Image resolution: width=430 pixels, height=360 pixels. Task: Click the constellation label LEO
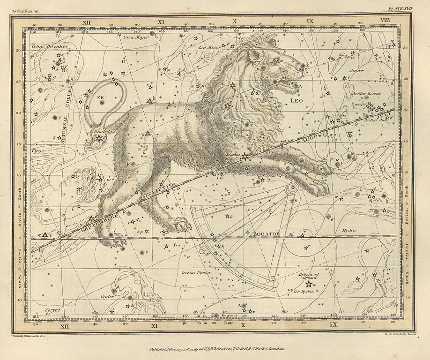tap(297, 101)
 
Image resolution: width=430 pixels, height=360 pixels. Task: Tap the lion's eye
tap(276, 60)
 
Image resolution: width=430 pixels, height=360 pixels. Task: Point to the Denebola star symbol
tap(99, 139)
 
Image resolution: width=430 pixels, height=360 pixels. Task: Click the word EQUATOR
tap(266, 233)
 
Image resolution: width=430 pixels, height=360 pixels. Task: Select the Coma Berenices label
tap(50, 46)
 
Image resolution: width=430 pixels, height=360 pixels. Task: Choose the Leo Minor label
tap(209, 47)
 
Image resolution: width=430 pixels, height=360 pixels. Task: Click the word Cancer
tap(356, 71)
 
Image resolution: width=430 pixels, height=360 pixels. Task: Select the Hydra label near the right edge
tap(349, 230)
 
